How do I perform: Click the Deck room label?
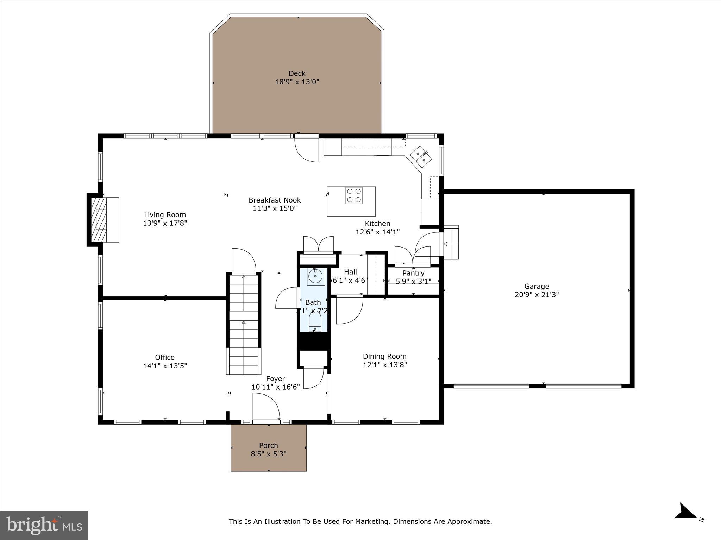coord(297,73)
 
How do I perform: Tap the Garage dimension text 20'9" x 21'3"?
coord(537,295)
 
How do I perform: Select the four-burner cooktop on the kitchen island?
coord(354,195)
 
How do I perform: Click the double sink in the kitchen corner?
coord(421,157)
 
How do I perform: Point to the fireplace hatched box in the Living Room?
coord(99,220)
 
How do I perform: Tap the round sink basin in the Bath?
coord(315,276)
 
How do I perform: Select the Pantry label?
coord(413,273)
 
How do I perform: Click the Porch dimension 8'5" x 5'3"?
coord(268,454)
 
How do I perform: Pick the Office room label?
coord(165,357)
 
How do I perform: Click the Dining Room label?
coord(384,356)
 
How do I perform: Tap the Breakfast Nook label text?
coord(275,200)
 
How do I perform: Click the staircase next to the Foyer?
coord(244,323)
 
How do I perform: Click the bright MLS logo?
coord(44,525)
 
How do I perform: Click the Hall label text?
coord(350,272)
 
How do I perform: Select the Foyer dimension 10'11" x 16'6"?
coord(275,387)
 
